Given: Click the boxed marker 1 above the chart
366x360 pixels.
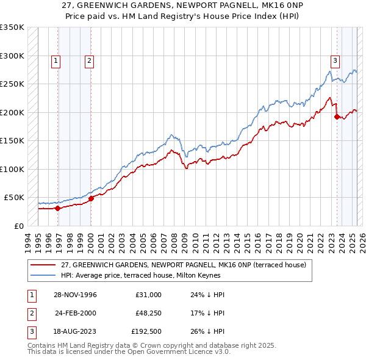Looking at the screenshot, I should [x=56, y=60].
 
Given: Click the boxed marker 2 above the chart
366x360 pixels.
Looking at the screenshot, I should [x=89, y=60].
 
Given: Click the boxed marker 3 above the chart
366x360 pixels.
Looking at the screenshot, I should [x=335, y=60].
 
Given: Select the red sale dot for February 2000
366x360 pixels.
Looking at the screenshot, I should [x=91, y=198].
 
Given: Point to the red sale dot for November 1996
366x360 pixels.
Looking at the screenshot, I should [x=58, y=208].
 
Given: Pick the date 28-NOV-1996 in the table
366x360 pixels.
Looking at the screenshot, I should [x=75, y=295].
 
